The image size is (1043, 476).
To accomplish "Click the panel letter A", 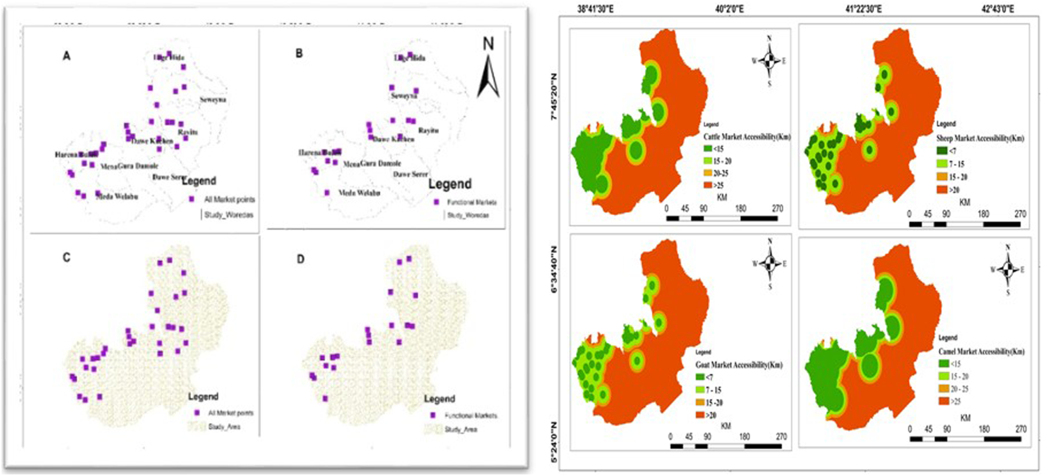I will coord(67,56).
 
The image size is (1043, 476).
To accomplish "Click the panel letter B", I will coord(299,54).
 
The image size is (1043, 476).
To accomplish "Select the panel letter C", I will coord(67,257).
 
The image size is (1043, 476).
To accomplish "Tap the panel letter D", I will coord(300,259).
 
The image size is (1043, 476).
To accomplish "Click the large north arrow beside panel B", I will coord(488,69).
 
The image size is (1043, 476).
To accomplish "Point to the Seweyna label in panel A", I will coord(212,100).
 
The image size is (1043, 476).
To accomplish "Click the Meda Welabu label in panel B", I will coord(359,192).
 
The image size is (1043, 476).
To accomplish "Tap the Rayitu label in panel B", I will coord(429,130).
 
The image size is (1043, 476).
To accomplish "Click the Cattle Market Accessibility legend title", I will coord(747,137).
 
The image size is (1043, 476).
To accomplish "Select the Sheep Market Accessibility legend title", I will coord(980,138).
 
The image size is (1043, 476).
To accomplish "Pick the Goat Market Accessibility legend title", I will coord(739,365).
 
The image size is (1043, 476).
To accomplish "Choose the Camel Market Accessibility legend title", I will coord(981,351).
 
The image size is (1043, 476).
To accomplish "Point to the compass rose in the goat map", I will coord(770,264).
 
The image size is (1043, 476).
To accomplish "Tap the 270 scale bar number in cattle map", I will coord(778,208).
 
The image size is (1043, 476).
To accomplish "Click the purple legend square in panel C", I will coord(198,412).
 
